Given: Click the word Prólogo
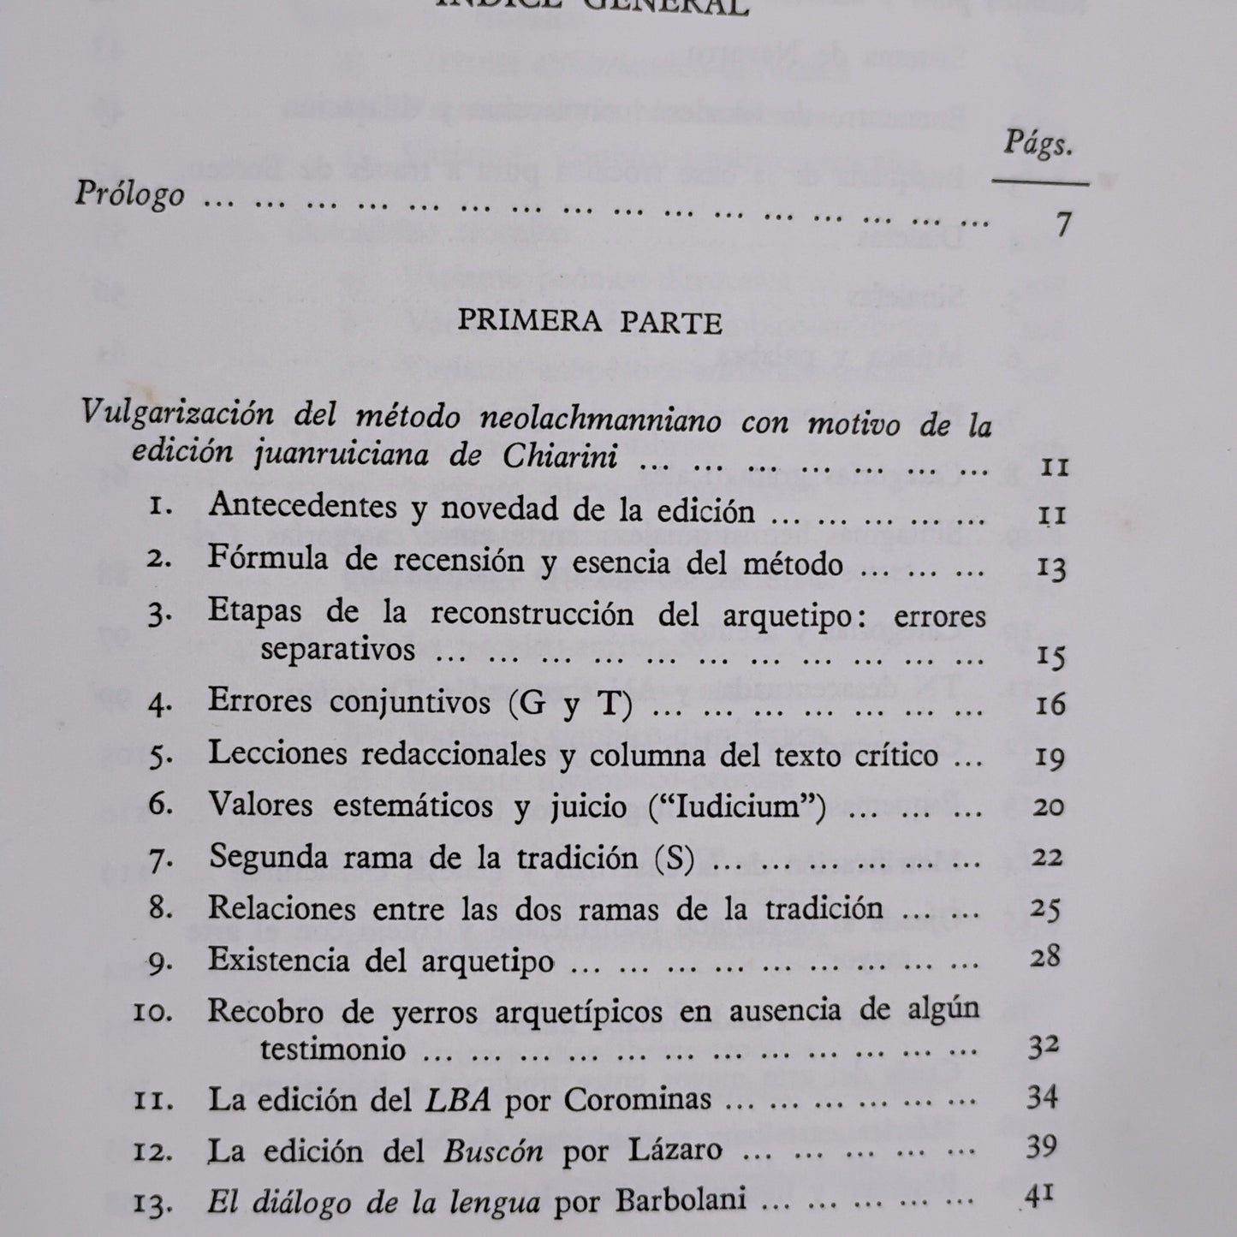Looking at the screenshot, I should (x=129, y=194).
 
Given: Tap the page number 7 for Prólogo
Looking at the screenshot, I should (x=1062, y=223).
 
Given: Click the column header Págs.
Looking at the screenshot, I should (x=1038, y=146).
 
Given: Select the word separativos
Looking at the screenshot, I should (x=337, y=650).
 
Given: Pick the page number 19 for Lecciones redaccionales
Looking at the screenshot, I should (x=1050, y=757).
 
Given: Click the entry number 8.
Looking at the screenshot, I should (x=161, y=908).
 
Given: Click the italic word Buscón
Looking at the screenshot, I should (x=493, y=1150).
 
